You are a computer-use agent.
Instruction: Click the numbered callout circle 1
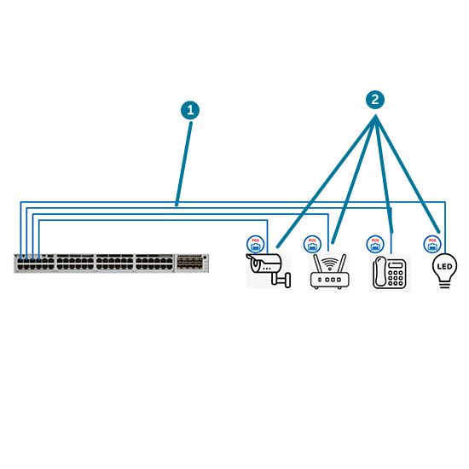coord(190,110)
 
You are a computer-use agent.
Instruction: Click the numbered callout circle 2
coord(374,100)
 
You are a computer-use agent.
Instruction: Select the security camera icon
coord(267,268)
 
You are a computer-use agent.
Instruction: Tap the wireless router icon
coord(329,272)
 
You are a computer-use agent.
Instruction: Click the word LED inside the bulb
coord(443,266)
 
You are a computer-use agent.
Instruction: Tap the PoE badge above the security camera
coord(255,244)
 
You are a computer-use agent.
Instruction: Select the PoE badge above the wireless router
coord(312,244)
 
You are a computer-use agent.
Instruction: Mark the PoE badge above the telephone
coord(374,244)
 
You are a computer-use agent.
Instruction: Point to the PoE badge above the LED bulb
coord(432,244)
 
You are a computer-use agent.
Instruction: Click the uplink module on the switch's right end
coord(191,263)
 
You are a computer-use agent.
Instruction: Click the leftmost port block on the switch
coord(35,263)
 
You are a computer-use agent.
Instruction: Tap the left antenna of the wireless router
coord(316,263)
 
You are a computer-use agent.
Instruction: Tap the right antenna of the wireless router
coord(343,263)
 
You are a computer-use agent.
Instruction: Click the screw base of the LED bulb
coord(443,284)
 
